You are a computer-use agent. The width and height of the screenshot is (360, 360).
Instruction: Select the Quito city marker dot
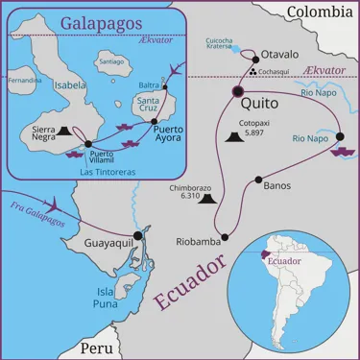pyautogui.click(x=238, y=92)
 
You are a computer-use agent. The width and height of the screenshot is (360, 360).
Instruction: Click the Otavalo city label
pyautogui.click(x=279, y=55)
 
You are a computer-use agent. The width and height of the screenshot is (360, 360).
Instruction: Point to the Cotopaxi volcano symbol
pyautogui.click(x=233, y=139)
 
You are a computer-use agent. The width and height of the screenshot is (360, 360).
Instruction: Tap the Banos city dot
pyautogui.click(x=256, y=180)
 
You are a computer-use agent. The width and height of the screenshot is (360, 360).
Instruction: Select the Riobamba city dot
pyautogui.click(x=225, y=236)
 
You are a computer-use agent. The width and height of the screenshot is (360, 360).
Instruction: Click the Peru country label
pyautogui.click(x=96, y=348)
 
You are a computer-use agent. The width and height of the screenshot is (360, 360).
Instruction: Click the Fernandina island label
pyautogui.click(x=24, y=80)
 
